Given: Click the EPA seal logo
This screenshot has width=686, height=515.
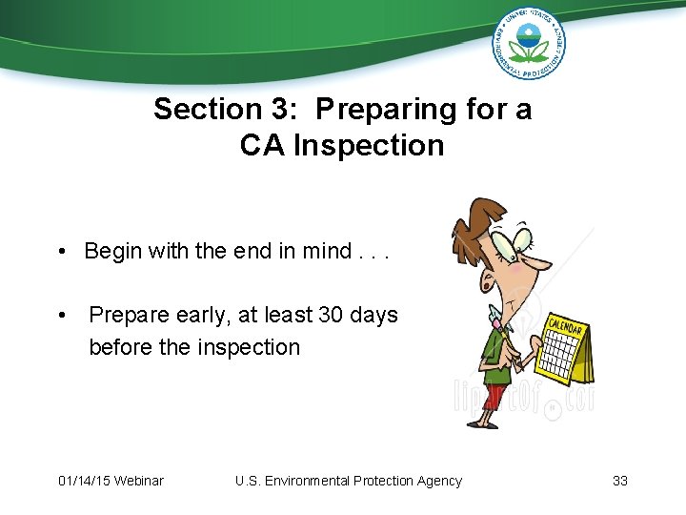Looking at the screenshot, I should click(x=529, y=42).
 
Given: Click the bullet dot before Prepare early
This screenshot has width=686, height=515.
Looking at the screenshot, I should click(x=60, y=316).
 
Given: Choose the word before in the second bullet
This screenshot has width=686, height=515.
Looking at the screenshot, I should click(x=121, y=347).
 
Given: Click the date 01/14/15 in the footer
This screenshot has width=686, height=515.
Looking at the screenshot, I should click(x=83, y=481).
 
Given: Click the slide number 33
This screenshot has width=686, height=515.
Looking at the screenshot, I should click(x=620, y=481).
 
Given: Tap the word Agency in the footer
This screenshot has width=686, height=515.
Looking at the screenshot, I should click(x=437, y=481).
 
